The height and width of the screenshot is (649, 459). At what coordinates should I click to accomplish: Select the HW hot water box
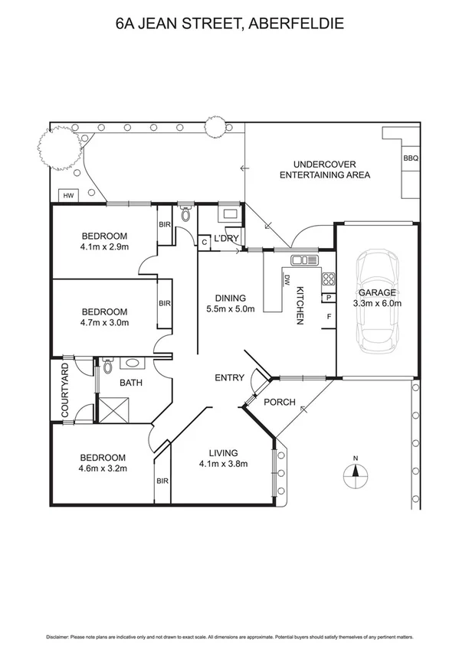click(68, 196)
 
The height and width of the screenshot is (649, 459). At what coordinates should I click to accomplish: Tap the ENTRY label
click(229, 377)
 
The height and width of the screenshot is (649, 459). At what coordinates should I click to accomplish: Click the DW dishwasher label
click(286, 279)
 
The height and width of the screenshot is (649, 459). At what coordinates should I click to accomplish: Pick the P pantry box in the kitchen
click(329, 298)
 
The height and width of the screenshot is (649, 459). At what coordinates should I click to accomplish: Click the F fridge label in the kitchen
click(329, 316)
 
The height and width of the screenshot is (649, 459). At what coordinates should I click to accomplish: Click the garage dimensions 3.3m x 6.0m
click(378, 303)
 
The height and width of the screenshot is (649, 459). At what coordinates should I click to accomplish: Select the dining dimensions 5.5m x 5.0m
click(230, 309)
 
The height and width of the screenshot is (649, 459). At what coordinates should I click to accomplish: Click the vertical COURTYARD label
click(65, 391)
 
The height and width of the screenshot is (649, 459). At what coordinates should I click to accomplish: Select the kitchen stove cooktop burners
click(329, 279)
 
